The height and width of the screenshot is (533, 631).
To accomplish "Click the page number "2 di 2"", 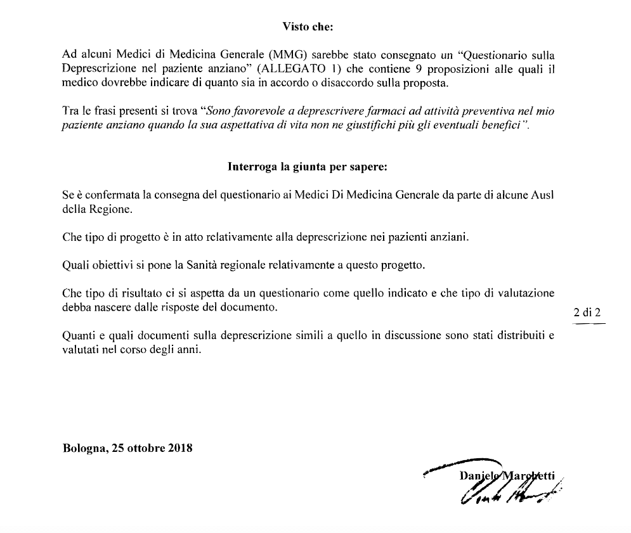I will click(x=587, y=312).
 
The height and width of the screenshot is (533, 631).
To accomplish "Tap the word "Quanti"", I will click(x=77, y=336).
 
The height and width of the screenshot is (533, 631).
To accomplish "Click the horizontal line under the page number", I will click(x=589, y=323).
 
